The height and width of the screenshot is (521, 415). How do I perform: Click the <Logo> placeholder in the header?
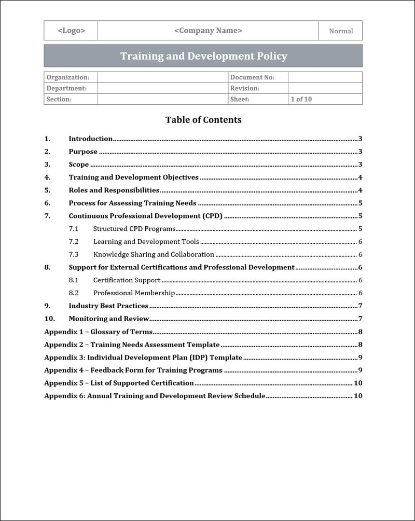(71, 31)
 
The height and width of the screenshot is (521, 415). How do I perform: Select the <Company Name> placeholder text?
(208, 31)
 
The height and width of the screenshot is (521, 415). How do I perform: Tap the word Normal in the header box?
(341, 31)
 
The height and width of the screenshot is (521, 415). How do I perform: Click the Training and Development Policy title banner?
(203, 56)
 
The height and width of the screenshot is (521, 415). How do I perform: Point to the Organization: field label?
(68, 77)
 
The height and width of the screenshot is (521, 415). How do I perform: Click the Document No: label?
(252, 77)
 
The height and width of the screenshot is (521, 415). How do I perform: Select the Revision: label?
(245, 88)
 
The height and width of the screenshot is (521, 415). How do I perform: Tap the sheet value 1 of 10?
(301, 99)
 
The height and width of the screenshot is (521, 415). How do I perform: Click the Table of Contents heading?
(203, 120)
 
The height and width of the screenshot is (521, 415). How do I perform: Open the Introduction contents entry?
(91, 139)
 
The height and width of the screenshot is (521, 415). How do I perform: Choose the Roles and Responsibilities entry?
(114, 190)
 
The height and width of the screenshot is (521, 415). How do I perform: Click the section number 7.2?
(74, 241)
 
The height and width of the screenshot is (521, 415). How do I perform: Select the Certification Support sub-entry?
(127, 280)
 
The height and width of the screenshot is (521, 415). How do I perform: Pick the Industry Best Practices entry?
(108, 306)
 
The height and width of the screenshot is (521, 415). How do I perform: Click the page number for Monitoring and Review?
(360, 319)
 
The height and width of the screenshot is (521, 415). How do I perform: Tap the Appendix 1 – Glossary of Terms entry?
(99, 332)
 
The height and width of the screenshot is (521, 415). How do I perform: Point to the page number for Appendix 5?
(357, 383)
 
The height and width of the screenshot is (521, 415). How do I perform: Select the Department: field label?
(66, 88)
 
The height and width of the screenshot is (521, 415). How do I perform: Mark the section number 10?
(48, 319)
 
